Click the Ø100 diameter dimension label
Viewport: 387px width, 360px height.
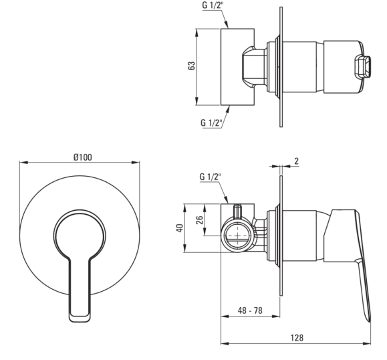pos(83,157)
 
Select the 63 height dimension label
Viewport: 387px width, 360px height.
pos(192,65)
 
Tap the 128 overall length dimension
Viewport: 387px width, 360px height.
pos(297,337)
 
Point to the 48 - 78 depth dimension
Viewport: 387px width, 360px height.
pos(250,310)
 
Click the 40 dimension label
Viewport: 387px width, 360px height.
pos(180,228)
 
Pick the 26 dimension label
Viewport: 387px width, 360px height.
pos(199,219)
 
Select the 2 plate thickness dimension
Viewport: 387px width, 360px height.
pos(296,161)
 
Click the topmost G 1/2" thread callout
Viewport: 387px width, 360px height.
pos(213,5)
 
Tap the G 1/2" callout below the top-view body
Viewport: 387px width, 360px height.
pos(211,122)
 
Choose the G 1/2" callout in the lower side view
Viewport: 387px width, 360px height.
pos(210,177)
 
